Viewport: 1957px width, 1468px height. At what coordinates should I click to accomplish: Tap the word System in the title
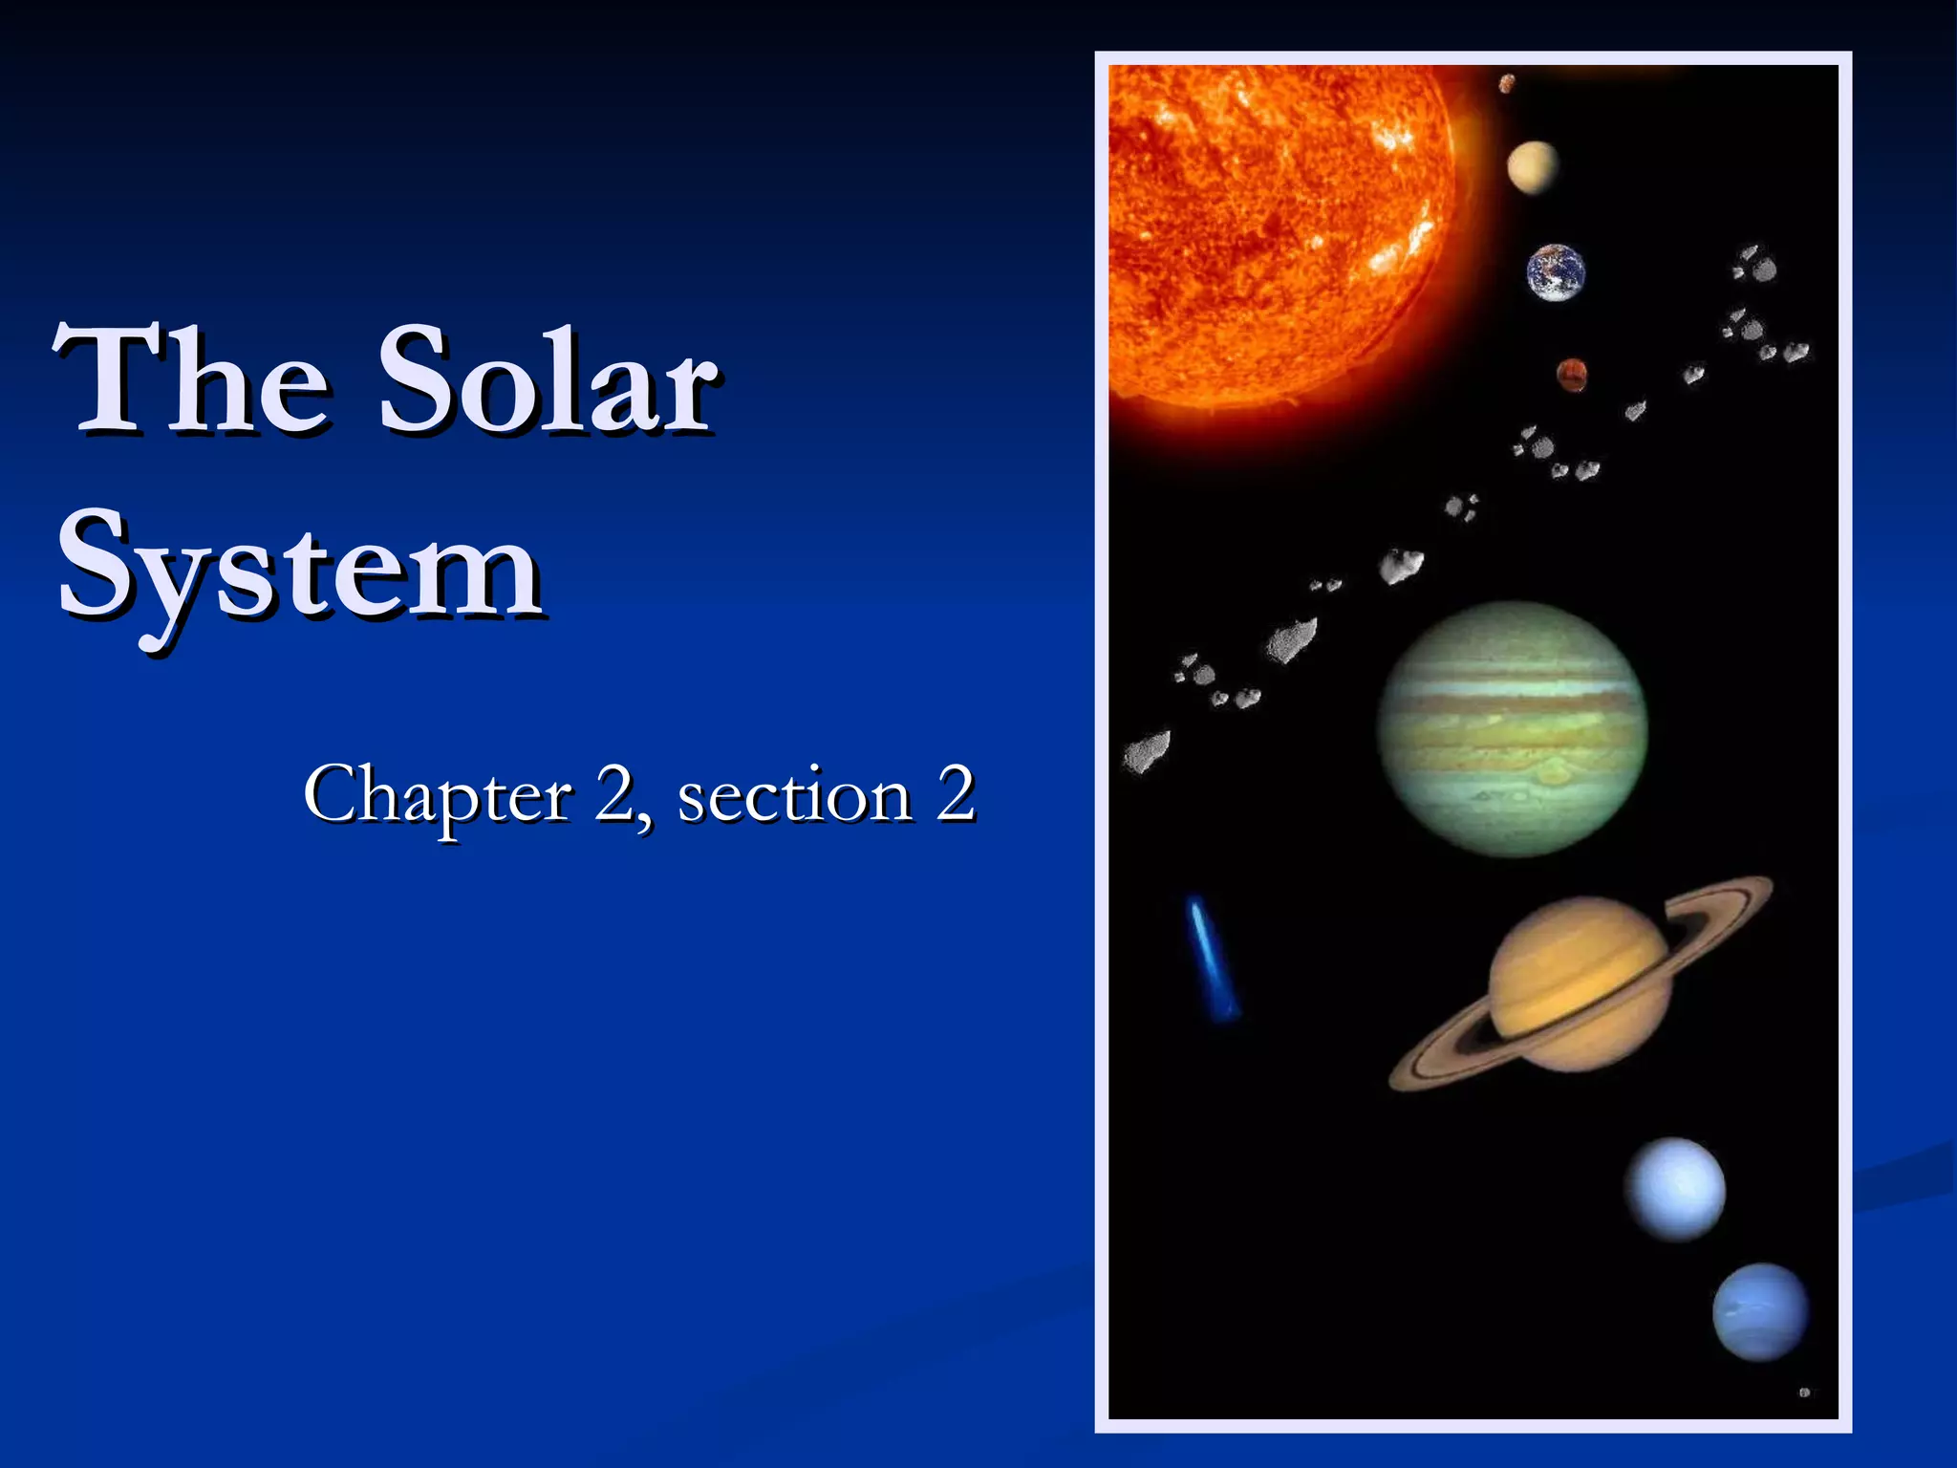coord(300,570)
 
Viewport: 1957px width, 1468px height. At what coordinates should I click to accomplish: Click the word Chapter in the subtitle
coord(438,795)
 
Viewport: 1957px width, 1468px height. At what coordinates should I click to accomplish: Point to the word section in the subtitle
coord(794,795)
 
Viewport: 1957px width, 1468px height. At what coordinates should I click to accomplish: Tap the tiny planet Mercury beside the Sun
coord(1507,84)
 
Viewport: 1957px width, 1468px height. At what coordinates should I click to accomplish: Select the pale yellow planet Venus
coord(1533,166)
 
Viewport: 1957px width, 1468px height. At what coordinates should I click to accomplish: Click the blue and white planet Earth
coord(1556,272)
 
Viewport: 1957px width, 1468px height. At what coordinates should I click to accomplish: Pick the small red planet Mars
coord(1572,375)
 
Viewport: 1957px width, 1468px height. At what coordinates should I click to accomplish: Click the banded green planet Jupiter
coord(1512,728)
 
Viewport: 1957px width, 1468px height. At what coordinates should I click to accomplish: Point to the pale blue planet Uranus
coord(1676,1189)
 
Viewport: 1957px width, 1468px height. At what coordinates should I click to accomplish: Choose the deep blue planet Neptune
coord(1760,1311)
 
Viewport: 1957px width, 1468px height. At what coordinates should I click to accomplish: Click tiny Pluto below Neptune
coord(1804,1392)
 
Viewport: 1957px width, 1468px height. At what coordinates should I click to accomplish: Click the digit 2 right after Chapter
coord(613,795)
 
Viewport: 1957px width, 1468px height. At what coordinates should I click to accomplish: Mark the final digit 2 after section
coord(955,795)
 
